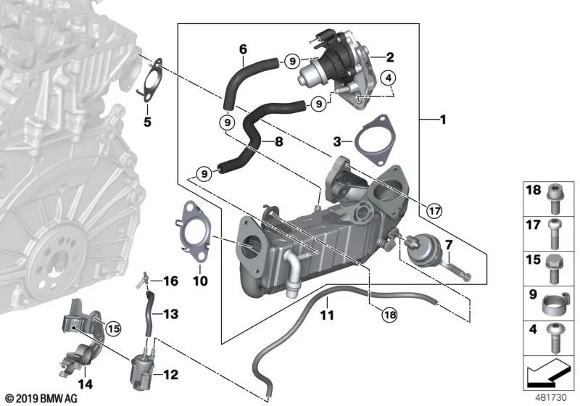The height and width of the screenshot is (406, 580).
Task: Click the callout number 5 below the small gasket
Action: pyautogui.click(x=147, y=122)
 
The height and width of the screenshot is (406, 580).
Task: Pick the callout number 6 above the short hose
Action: pyautogui.click(x=243, y=49)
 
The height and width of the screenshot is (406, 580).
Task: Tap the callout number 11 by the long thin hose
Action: pyautogui.click(x=326, y=315)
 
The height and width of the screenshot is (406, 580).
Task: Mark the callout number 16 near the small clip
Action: pyautogui.click(x=170, y=281)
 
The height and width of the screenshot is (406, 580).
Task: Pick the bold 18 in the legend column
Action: pyautogui.click(x=533, y=190)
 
